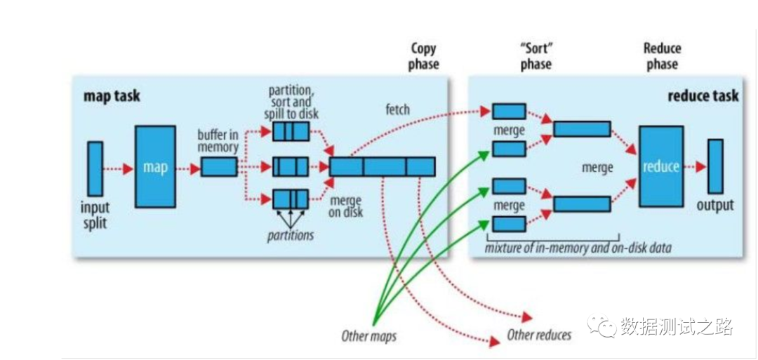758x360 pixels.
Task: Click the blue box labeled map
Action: [155, 166]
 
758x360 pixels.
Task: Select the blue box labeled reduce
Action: [660, 166]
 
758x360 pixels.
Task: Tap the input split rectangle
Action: [95, 168]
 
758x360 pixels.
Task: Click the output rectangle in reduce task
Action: [715, 166]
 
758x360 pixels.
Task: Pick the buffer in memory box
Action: [219, 166]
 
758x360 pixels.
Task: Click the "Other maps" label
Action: [368, 336]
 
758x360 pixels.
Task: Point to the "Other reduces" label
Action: [539, 335]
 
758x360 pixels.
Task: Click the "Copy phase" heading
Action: [424, 56]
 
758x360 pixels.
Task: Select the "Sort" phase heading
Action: [536, 56]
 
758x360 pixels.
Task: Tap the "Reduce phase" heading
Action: [662, 56]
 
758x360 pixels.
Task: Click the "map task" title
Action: [112, 95]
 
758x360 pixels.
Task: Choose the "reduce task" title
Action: [703, 95]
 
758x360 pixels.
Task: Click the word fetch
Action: [398, 110]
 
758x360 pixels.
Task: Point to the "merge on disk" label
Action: [345, 206]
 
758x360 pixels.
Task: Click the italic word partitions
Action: [290, 235]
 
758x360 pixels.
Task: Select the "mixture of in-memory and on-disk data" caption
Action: [578, 247]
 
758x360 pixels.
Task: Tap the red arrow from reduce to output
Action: [696, 167]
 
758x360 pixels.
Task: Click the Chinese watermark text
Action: [676, 326]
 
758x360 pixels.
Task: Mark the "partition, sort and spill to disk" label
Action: [291, 103]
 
